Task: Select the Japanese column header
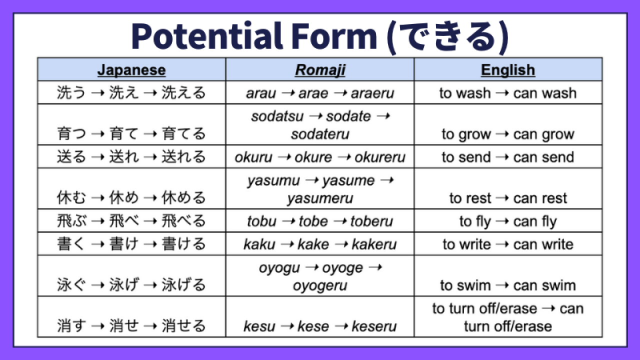click(x=131, y=70)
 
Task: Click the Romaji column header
click(x=320, y=70)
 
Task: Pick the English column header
click(x=508, y=70)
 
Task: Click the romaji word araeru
click(x=372, y=93)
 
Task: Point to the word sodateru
click(x=320, y=134)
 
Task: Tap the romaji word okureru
click(x=380, y=157)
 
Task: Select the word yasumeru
click(x=320, y=198)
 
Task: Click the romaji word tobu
click(x=261, y=221)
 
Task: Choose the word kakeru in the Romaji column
click(x=374, y=244)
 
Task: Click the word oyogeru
click(x=320, y=285)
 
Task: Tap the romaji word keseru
click(x=374, y=326)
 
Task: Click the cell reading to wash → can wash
click(x=508, y=93)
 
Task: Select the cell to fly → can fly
click(x=508, y=221)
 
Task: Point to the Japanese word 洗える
click(x=183, y=93)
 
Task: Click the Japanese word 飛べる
click(x=183, y=221)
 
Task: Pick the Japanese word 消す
click(x=71, y=326)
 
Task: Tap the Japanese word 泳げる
click(x=183, y=285)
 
